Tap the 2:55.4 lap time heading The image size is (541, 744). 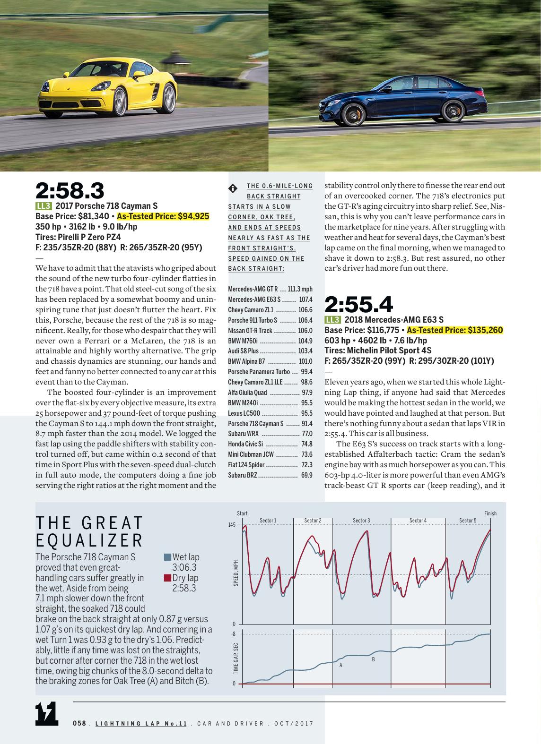[358, 305]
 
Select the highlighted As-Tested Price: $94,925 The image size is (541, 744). [163, 216]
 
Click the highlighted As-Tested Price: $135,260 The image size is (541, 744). [454, 330]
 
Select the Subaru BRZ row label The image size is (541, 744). [243, 475]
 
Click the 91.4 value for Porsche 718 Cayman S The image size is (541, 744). [307, 424]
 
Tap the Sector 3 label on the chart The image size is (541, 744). [361, 521]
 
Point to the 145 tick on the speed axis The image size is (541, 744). [232, 525]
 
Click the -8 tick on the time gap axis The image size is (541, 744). [233, 634]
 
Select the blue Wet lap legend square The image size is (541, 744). [167, 557]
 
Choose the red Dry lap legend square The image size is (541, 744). [167, 578]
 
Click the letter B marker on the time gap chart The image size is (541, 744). [373, 659]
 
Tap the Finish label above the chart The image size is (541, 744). [490, 513]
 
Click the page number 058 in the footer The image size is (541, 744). [79, 723]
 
